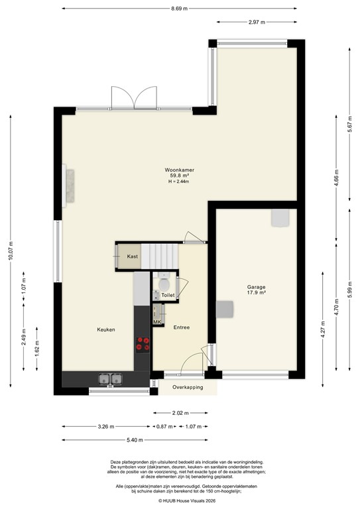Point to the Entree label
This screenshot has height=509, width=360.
[182, 327]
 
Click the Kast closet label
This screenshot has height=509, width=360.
[133, 256]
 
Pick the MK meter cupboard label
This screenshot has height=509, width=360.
[157, 321]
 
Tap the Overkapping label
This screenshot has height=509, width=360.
[187, 387]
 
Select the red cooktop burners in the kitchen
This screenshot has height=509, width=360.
[142, 343]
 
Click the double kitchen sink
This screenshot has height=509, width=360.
[111, 379]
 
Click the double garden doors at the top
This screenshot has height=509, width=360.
[135, 98]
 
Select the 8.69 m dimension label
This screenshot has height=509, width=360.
[179, 9]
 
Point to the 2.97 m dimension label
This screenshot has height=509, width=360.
[257, 23]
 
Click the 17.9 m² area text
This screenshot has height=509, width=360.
[257, 292]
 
